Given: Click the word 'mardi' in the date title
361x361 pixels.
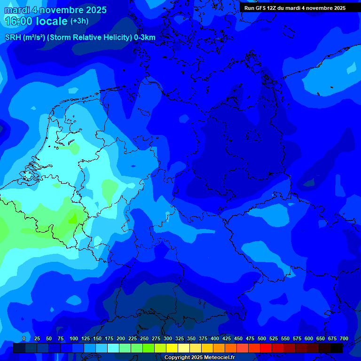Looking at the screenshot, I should coord(17,10).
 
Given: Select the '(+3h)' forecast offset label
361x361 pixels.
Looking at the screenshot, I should coord(79,21).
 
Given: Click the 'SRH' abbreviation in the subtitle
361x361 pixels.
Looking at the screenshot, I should coord(13,38).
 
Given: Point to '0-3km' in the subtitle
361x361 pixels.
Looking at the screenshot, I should coord(145,38).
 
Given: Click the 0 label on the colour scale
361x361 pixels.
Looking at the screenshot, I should coord(24,339).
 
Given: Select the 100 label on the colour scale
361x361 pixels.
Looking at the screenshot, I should coord(74,339).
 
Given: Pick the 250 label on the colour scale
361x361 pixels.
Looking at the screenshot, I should coord(144,339).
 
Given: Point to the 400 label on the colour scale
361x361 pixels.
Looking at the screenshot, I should coord(215,339).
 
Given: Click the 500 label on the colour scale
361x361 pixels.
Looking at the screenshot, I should coord(262,339).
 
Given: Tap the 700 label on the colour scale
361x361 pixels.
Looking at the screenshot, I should coord(344,339).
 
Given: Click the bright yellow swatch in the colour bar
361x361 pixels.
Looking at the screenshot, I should coord(172,348).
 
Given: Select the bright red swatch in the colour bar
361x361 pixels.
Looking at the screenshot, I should coord(266,348).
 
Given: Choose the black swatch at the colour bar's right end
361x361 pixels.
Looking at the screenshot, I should coord(337,348).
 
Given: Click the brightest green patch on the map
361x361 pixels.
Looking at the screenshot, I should coord(72,219).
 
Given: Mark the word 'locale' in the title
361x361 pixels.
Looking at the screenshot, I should coord(52,21).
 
